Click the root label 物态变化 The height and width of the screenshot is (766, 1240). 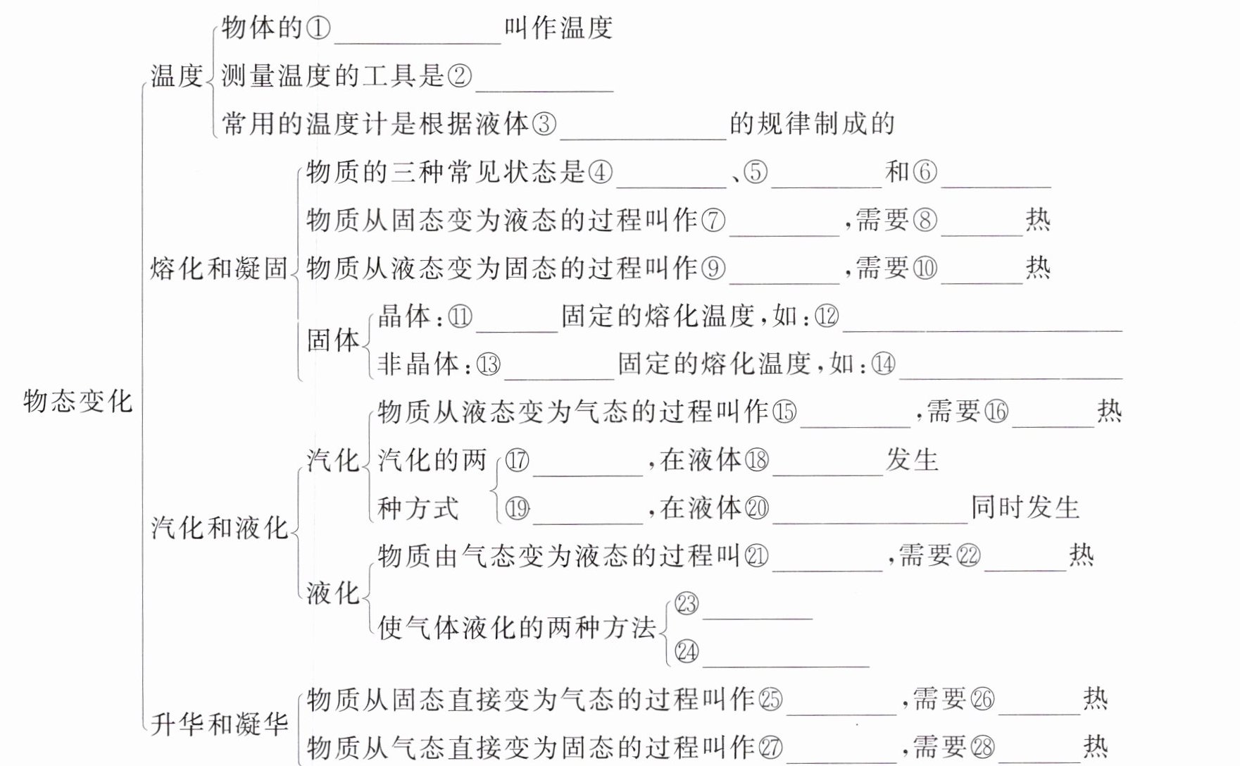77,401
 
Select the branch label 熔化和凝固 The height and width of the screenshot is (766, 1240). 219,268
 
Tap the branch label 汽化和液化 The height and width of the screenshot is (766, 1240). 219,527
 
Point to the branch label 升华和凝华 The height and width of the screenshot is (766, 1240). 219,724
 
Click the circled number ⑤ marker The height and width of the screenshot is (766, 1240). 755,172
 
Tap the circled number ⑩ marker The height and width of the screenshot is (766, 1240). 925,268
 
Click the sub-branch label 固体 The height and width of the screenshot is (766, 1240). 333,340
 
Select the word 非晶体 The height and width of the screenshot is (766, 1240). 418,364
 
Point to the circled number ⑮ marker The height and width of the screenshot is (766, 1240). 784,412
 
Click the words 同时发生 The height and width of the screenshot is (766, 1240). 1025,507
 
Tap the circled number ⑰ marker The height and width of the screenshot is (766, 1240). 517,460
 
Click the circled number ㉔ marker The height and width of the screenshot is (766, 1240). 687,652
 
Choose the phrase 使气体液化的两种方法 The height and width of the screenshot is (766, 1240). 517,627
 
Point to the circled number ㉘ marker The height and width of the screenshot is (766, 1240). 982,747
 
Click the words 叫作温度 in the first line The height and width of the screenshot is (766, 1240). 558,29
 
